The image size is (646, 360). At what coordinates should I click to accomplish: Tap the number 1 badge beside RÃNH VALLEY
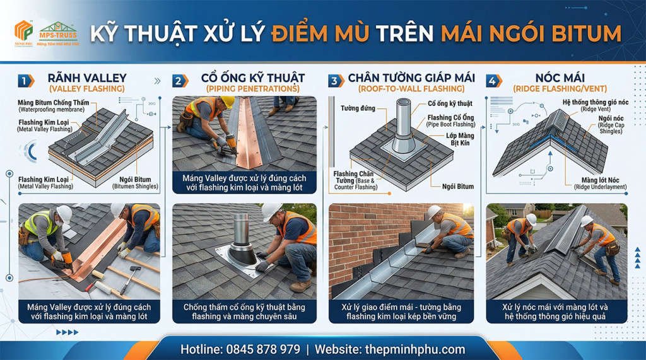(x=26, y=81)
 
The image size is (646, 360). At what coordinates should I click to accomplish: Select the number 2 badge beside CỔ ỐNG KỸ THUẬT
(x=180, y=81)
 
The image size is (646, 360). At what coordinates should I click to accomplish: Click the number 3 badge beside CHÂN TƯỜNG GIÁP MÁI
(x=336, y=81)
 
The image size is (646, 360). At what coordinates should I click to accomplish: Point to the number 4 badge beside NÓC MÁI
(x=494, y=81)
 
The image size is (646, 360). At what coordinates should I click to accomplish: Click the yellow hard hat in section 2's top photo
(x=227, y=101)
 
